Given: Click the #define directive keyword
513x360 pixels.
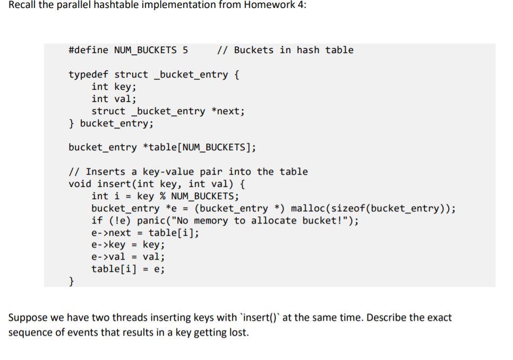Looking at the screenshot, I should click(88, 50).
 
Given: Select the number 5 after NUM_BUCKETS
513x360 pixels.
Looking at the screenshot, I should click(185, 50).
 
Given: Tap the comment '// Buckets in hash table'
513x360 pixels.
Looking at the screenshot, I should click(285, 50).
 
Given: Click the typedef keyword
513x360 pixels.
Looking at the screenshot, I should click(88, 74).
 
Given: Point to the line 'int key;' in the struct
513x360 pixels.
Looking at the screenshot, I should click(114, 87).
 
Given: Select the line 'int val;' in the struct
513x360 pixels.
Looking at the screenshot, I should click(114, 99).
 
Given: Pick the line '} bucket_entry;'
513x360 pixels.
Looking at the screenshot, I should click(111, 123).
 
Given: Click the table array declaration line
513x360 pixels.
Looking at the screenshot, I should click(162, 147).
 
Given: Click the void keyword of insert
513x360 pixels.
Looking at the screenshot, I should click(80, 184).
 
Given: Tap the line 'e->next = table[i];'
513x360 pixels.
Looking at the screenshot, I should click(145, 233).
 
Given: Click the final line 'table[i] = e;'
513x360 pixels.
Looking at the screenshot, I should click(128, 269).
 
